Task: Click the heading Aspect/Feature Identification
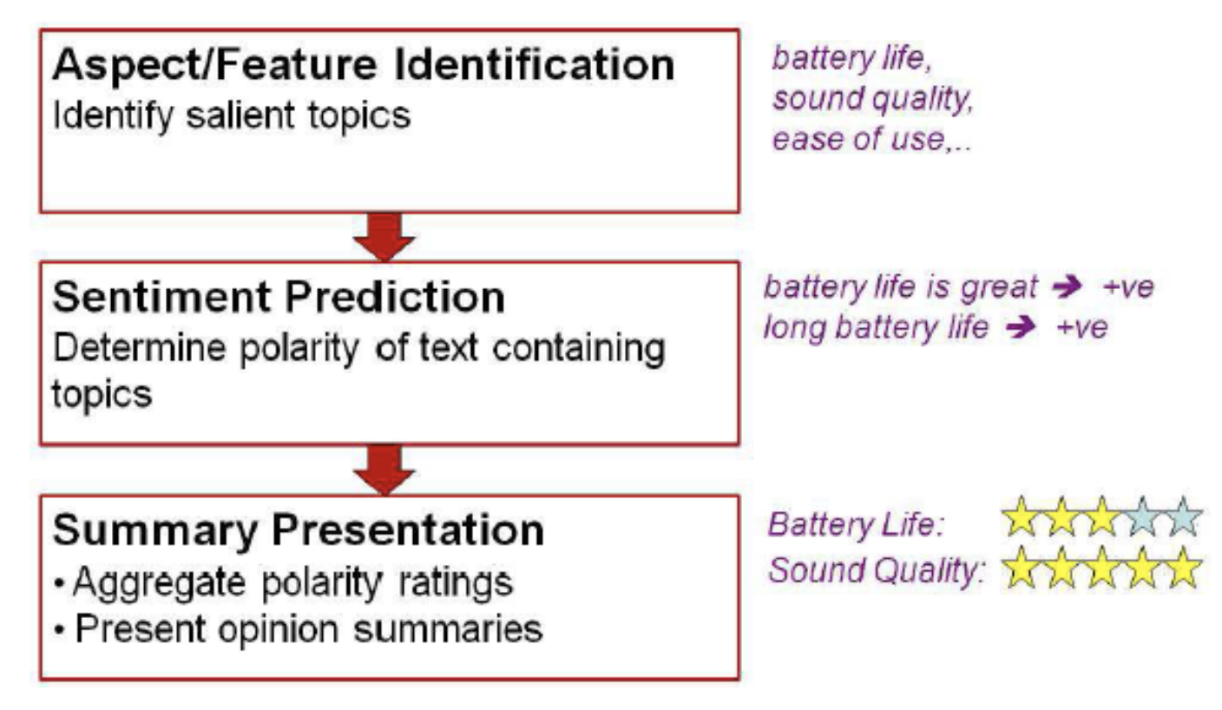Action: pos(363,66)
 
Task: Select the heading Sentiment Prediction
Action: pos(279,298)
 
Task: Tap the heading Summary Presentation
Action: pos(298,529)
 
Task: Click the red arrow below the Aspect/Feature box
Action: pos(384,236)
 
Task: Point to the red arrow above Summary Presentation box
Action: pos(384,469)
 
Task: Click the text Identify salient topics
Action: pos(232,115)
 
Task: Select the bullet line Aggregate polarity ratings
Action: pos(292,583)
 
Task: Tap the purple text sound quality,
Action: pos(872,100)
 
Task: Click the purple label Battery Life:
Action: pos(855,524)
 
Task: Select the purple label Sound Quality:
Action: pos(877,570)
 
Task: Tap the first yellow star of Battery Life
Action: pos(1021,518)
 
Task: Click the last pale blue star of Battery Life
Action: pos(1183,518)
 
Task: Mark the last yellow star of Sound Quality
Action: pos(1183,569)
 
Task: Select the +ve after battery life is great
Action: pos(1129,286)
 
